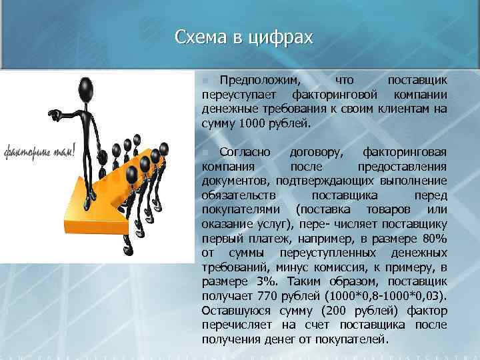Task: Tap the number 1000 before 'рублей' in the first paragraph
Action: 254,123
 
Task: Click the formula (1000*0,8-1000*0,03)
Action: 382,295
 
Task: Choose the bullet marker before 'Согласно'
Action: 205,153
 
